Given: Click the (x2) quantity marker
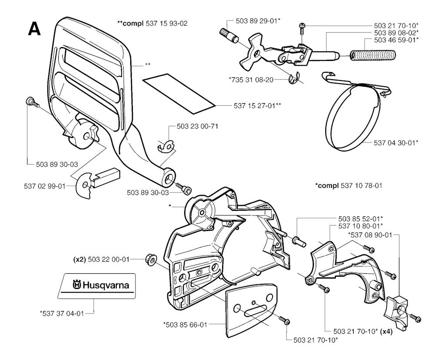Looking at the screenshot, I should (x=80, y=259).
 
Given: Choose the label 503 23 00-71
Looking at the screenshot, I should (x=197, y=126).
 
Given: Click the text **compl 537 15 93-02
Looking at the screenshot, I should (x=152, y=23).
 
